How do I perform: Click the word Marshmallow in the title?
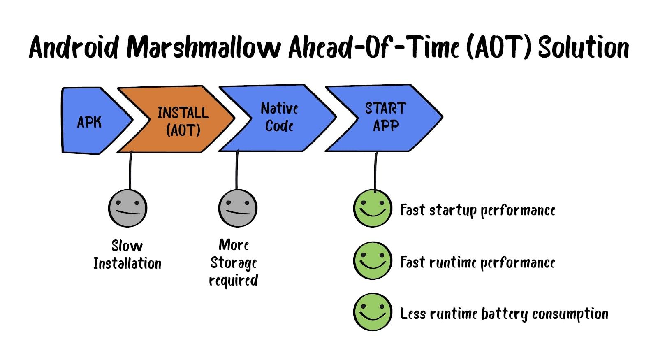point(204,47)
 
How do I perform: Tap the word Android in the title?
point(74,47)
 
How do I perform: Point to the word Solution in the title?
point(584,47)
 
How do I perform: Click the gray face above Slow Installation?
point(127,208)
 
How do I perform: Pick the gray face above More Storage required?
point(237,208)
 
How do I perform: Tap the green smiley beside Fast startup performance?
point(372,208)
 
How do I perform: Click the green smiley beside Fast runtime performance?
point(372,260)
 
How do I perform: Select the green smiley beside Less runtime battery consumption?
point(372,312)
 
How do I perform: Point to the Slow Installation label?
point(127,255)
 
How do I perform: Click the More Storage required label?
point(234,262)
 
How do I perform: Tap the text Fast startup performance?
point(477,210)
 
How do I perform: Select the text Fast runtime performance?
point(477,262)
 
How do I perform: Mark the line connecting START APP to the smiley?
point(375,171)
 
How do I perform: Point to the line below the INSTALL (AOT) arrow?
point(130,170)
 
